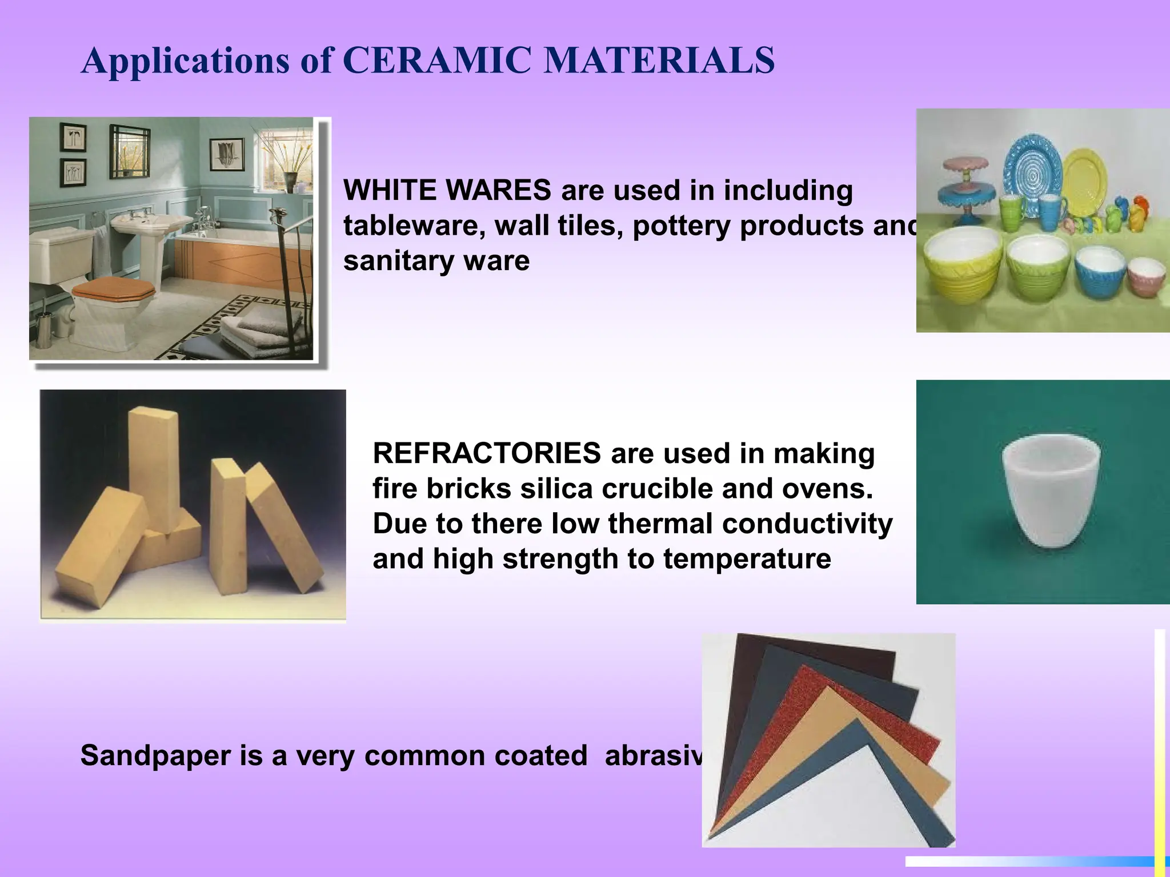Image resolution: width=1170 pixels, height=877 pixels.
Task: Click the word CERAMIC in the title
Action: coord(436,60)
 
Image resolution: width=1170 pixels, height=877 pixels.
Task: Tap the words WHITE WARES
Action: coord(447,190)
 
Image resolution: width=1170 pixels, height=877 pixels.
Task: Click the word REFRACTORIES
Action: coord(486,453)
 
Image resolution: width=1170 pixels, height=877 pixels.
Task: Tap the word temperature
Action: coord(747,559)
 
